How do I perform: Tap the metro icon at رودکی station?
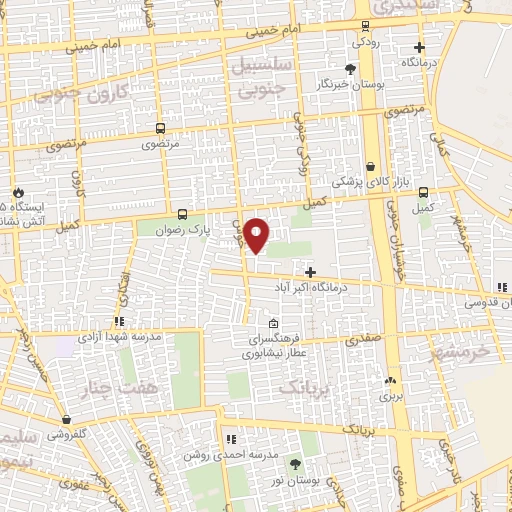point(365,27)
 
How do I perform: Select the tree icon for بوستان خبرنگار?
point(350,68)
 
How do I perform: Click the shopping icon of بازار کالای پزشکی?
point(371,167)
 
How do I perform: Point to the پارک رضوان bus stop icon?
point(182,213)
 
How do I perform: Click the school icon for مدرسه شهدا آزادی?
point(118,321)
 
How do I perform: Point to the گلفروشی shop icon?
point(66,420)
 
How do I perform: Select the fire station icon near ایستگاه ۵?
point(18,192)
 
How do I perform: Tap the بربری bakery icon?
point(390,380)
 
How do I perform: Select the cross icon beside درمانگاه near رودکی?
point(419,47)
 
